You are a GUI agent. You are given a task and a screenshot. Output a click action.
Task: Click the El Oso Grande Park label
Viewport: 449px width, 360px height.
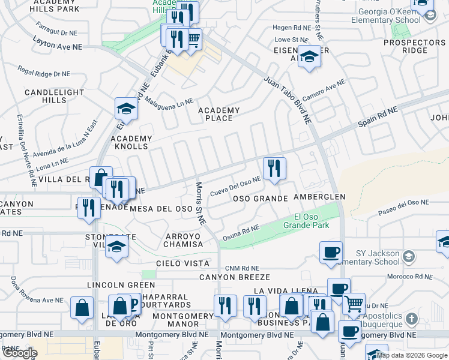[x=312, y=221]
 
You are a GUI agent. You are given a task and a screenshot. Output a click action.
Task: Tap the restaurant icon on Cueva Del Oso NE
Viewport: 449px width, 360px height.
[x=274, y=168]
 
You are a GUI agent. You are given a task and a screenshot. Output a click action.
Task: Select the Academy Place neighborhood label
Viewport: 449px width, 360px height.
[x=219, y=114]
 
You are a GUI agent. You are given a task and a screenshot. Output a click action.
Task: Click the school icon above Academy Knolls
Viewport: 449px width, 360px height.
[x=127, y=108]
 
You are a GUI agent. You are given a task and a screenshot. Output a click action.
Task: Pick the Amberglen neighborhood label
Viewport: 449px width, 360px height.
[x=319, y=197]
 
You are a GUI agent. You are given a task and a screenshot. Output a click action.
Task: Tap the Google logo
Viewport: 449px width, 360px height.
[x=20, y=353]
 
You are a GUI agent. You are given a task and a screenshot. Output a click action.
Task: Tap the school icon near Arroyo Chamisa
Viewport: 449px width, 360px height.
[x=116, y=247]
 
